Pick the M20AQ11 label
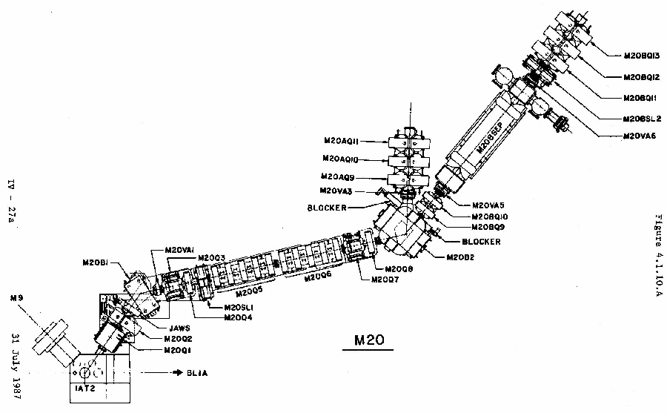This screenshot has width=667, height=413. [x=341, y=140]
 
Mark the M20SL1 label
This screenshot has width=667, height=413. [x=227, y=307]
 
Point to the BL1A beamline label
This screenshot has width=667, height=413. [x=191, y=373]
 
